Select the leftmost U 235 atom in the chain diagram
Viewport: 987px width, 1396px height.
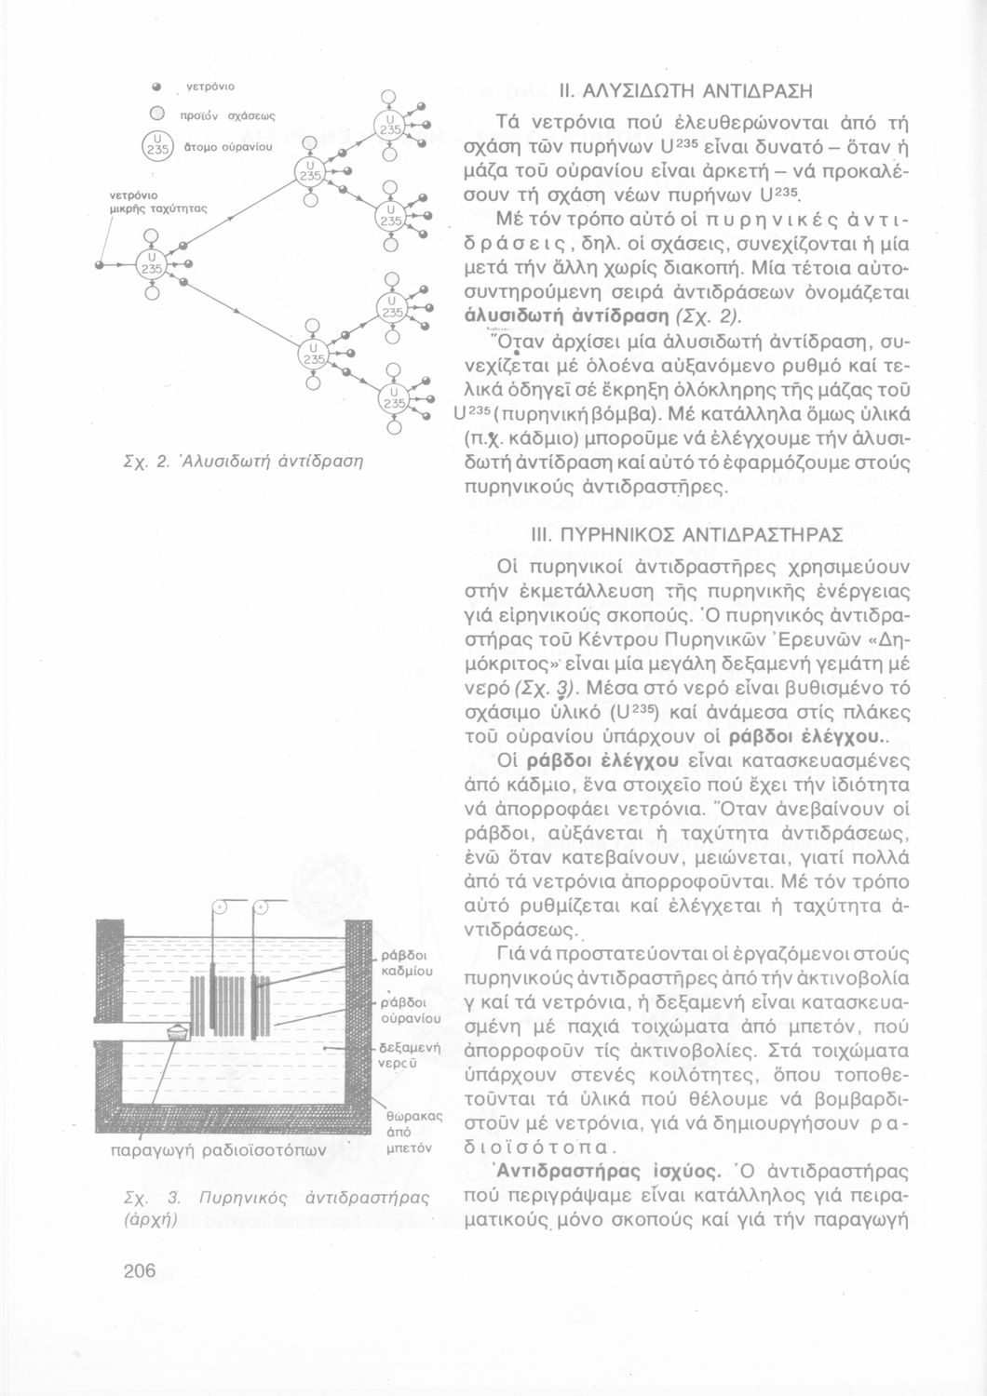point(151,264)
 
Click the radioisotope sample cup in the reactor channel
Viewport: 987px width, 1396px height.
point(175,1032)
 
